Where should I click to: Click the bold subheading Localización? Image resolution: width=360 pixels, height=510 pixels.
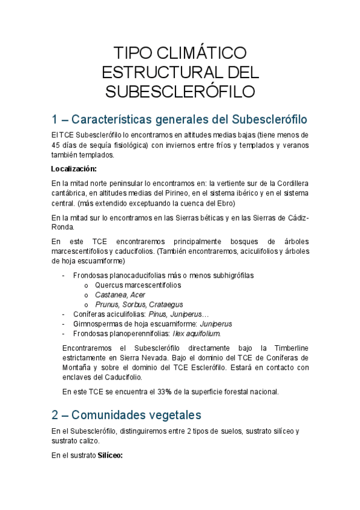[x=74, y=168]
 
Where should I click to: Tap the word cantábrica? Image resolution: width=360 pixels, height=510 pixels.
[x=72, y=192]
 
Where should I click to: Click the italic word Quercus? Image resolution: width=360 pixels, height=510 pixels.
[x=109, y=285]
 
